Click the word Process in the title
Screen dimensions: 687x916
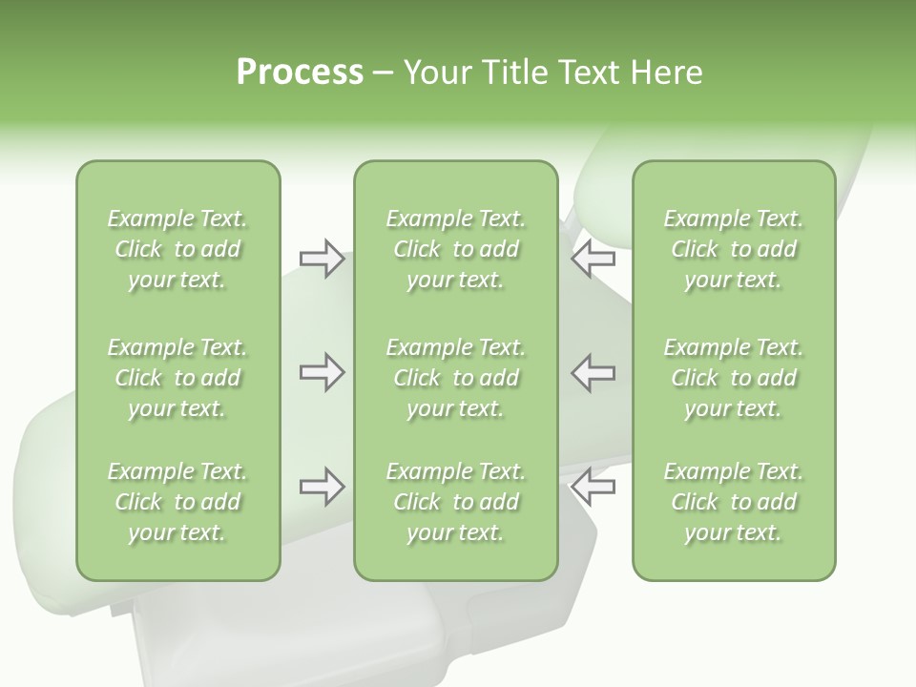(x=300, y=73)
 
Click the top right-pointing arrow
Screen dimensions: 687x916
(x=322, y=259)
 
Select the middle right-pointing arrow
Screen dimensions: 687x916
(x=322, y=372)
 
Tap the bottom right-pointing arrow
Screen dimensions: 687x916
(x=322, y=487)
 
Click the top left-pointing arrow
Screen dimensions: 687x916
(x=593, y=259)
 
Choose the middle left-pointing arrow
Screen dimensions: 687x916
(x=593, y=372)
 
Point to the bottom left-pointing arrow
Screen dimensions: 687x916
(x=593, y=487)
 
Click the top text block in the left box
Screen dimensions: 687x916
(x=177, y=249)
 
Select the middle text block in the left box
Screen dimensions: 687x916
(x=177, y=378)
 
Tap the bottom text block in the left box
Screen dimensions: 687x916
(x=177, y=502)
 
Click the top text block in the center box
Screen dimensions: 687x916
(x=455, y=249)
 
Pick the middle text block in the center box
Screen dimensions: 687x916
(x=455, y=378)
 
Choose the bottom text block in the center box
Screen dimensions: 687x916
(x=455, y=502)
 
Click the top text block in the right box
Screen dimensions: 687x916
(x=733, y=249)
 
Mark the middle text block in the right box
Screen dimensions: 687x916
(x=733, y=378)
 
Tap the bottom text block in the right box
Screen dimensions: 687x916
(x=733, y=502)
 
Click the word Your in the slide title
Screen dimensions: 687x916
(x=434, y=73)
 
